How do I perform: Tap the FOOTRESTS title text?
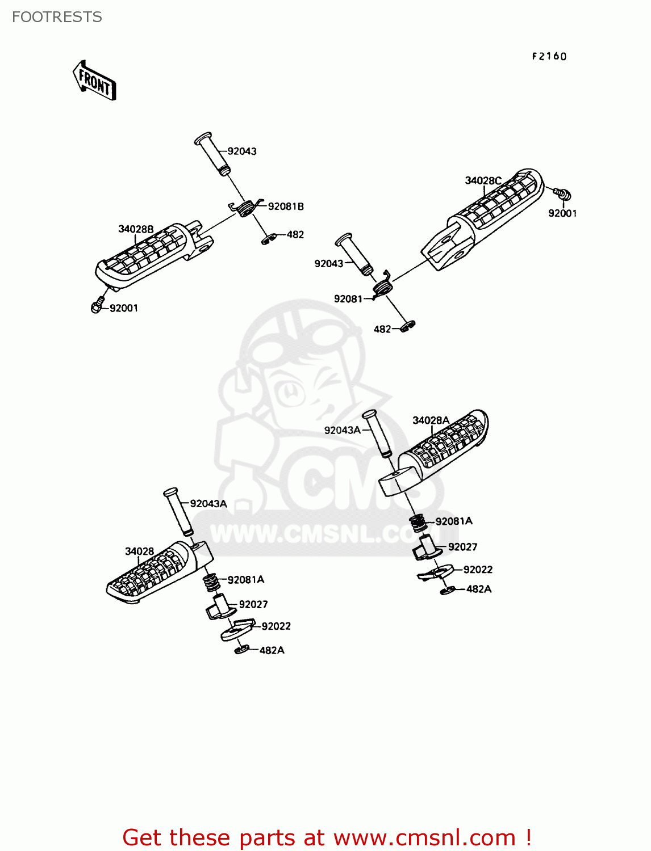click(57, 17)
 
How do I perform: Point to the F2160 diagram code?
click(549, 57)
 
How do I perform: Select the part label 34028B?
click(136, 229)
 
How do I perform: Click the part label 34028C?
click(483, 180)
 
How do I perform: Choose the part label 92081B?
click(286, 207)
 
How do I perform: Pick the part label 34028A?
click(431, 420)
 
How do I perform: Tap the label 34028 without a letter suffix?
click(139, 551)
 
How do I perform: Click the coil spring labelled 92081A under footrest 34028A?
click(418, 524)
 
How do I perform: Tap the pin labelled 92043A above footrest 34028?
click(178, 512)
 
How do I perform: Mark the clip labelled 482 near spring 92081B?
click(268, 239)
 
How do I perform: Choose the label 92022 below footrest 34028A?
click(478, 570)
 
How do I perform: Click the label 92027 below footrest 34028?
click(253, 604)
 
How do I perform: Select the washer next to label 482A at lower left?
click(241, 650)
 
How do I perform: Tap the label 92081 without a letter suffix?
click(348, 299)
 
